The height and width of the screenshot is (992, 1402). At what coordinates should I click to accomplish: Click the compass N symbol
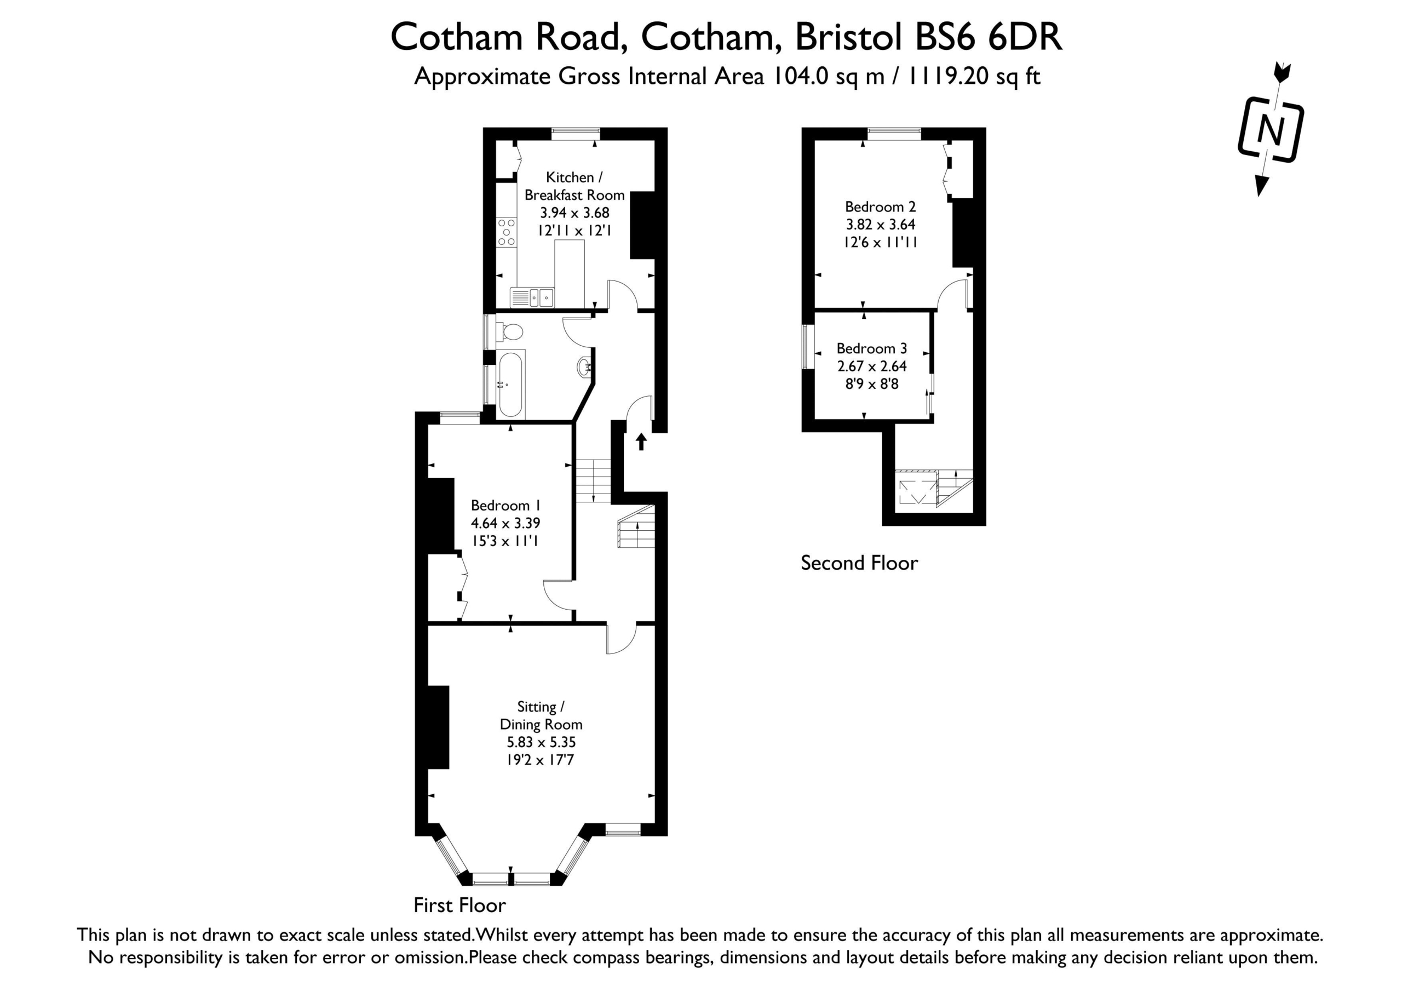[x=1271, y=129]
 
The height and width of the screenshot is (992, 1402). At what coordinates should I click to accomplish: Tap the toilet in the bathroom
[x=510, y=332]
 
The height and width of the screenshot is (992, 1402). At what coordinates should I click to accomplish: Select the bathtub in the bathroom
[x=510, y=384]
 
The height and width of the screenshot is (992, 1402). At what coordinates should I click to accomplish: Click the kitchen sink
[x=532, y=297]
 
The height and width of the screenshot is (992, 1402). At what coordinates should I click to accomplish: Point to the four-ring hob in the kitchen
[x=506, y=232]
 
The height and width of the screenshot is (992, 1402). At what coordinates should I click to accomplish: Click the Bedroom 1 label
[x=505, y=506]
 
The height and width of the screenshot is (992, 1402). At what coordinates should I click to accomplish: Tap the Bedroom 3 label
[x=871, y=349]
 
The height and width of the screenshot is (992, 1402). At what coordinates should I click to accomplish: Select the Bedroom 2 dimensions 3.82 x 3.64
[x=880, y=224]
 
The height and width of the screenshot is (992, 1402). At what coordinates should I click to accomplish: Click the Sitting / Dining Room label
[x=541, y=715]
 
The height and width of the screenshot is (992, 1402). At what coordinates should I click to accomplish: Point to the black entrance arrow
[x=641, y=441]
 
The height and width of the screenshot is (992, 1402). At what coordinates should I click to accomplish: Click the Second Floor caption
[x=859, y=563]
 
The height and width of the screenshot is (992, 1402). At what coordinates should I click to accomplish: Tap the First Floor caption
[x=460, y=905]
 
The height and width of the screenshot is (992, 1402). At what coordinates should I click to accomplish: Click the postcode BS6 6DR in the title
[x=989, y=37]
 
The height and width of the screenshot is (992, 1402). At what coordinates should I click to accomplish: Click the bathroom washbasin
[x=584, y=366]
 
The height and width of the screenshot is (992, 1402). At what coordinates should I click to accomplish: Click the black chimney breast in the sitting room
[x=439, y=727]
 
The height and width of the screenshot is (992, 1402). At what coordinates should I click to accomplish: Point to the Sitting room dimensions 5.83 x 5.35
[x=541, y=742]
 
